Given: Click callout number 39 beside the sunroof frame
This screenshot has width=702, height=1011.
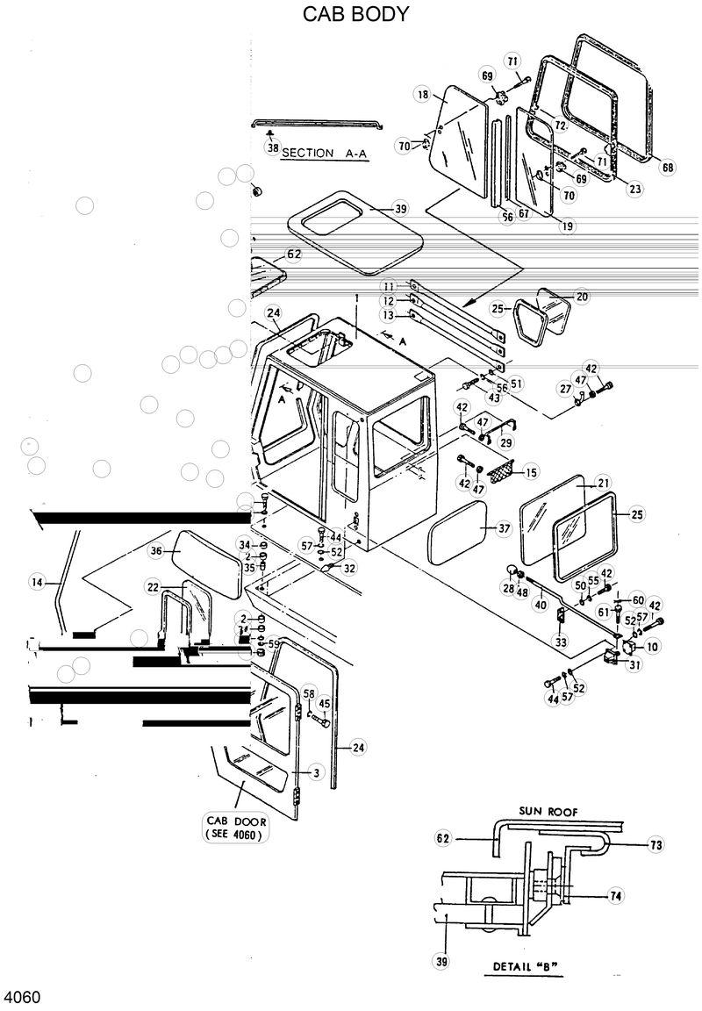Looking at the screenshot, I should coord(399,209).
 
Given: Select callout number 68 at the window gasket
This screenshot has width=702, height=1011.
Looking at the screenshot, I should coord(668,168).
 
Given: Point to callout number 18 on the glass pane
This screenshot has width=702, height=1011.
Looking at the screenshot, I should coord(422,94).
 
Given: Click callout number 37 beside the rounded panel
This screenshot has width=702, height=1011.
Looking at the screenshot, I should coord(503,528).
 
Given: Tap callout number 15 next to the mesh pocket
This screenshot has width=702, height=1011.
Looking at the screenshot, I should coord(530,473).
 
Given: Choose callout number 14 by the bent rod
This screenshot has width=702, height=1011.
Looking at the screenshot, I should coord(36,580).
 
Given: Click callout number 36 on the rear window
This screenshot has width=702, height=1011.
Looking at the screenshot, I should coord(156,551).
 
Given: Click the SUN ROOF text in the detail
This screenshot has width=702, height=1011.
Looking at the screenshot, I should coord(548,812).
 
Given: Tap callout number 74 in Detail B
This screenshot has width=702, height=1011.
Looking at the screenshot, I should coord(616,896).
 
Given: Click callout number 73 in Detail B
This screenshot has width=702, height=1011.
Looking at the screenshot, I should coord(655,845).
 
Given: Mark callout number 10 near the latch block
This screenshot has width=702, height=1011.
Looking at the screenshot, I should coord(652,647).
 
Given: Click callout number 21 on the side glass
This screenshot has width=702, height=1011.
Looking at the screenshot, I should coord(603,483).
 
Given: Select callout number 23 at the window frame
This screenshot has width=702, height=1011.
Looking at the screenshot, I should coord(634,187).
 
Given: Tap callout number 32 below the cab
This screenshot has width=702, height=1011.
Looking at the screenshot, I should coord(349,568).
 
